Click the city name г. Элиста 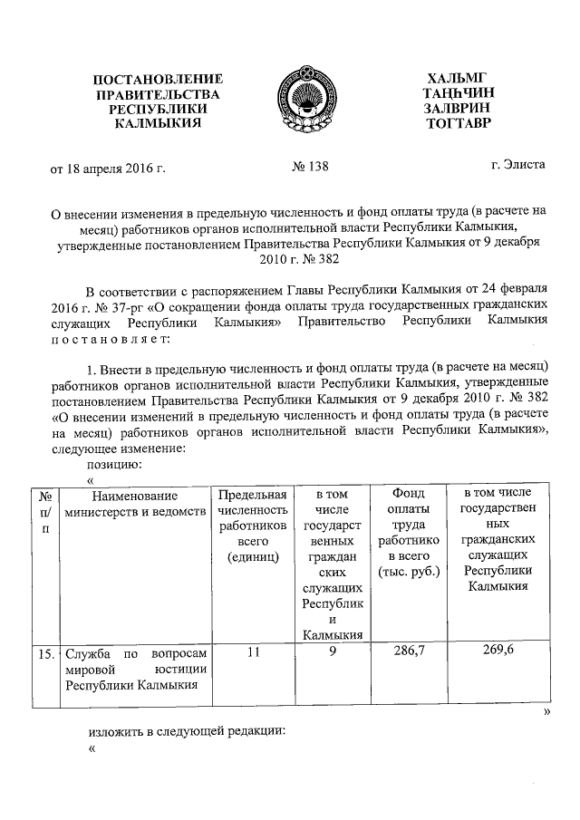517,167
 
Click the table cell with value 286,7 403,651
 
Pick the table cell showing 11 253,651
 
